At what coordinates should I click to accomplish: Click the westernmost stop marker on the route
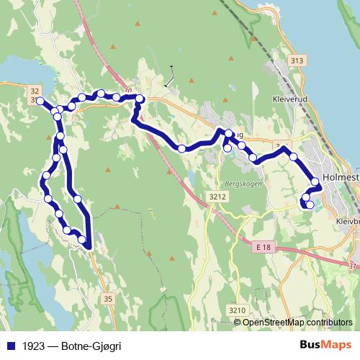click(x=40, y=101)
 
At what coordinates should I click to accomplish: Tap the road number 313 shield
click(x=293, y=61)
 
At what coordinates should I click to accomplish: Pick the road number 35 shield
click(x=109, y=298)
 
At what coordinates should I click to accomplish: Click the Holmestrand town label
click(x=341, y=177)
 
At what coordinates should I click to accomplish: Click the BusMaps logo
click(x=325, y=345)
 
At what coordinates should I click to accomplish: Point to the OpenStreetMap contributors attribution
click(x=297, y=323)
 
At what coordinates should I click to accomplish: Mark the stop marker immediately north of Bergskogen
click(x=228, y=148)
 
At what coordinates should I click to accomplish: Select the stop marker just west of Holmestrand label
click(x=315, y=181)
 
